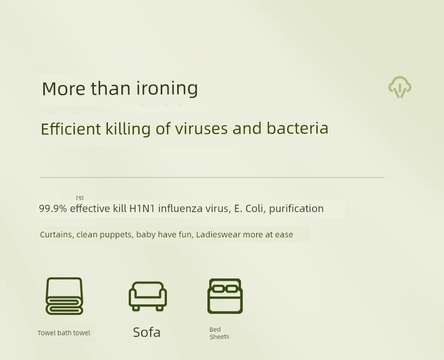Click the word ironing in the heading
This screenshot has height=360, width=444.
(x=167, y=89)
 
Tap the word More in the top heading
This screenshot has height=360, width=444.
(x=64, y=88)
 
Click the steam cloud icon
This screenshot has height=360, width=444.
(x=400, y=87)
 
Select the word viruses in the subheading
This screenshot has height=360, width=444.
(x=201, y=128)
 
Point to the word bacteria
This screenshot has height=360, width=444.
(x=297, y=128)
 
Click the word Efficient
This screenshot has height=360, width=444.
(x=71, y=129)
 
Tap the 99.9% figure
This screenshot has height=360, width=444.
(x=53, y=209)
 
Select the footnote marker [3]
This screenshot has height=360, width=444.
(x=80, y=198)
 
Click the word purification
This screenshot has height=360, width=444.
(x=296, y=209)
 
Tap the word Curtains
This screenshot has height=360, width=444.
(x=56, y=235)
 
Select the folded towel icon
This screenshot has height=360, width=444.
(x=64, y=296)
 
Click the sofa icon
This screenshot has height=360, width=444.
(x=147, y=296)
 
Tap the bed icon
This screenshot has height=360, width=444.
(x=225, y=296)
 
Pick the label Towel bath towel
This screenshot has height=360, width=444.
(x=64, y=333)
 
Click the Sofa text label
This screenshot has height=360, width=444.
(x=147, y=332)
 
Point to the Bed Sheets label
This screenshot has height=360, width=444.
(x=219, y=333)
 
